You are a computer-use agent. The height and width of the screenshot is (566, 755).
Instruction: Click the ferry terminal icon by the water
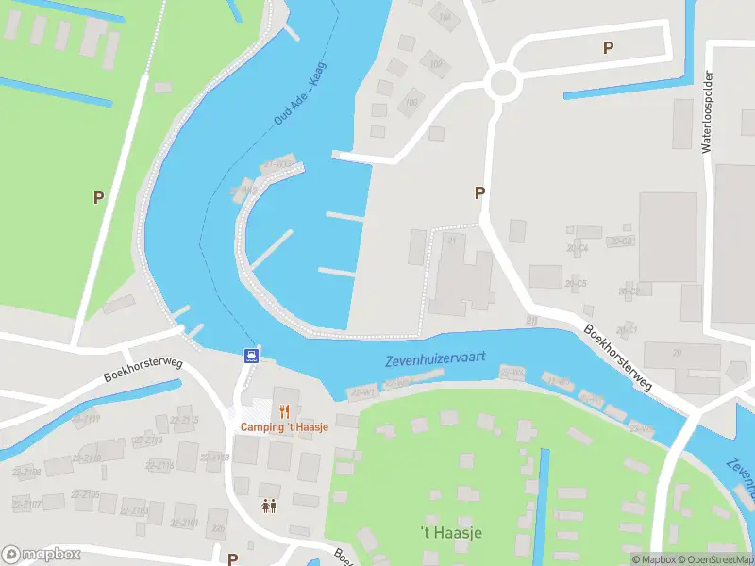252,356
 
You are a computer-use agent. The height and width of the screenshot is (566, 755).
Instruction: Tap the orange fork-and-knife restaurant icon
284,410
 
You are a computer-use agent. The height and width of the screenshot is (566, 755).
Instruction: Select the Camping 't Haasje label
284,427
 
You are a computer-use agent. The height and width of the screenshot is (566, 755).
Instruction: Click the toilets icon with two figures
269,507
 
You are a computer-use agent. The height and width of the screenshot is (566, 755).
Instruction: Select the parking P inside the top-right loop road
609,47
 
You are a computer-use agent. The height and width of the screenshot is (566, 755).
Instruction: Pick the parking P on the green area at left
98,197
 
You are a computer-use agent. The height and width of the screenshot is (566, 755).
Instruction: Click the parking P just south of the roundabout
479,192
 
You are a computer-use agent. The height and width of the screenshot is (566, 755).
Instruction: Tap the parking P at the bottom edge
232,558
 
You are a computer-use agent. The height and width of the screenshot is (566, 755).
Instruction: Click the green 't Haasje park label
450,533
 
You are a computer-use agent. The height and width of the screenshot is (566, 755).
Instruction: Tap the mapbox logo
42,555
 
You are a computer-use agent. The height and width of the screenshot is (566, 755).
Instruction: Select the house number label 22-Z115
186,420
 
